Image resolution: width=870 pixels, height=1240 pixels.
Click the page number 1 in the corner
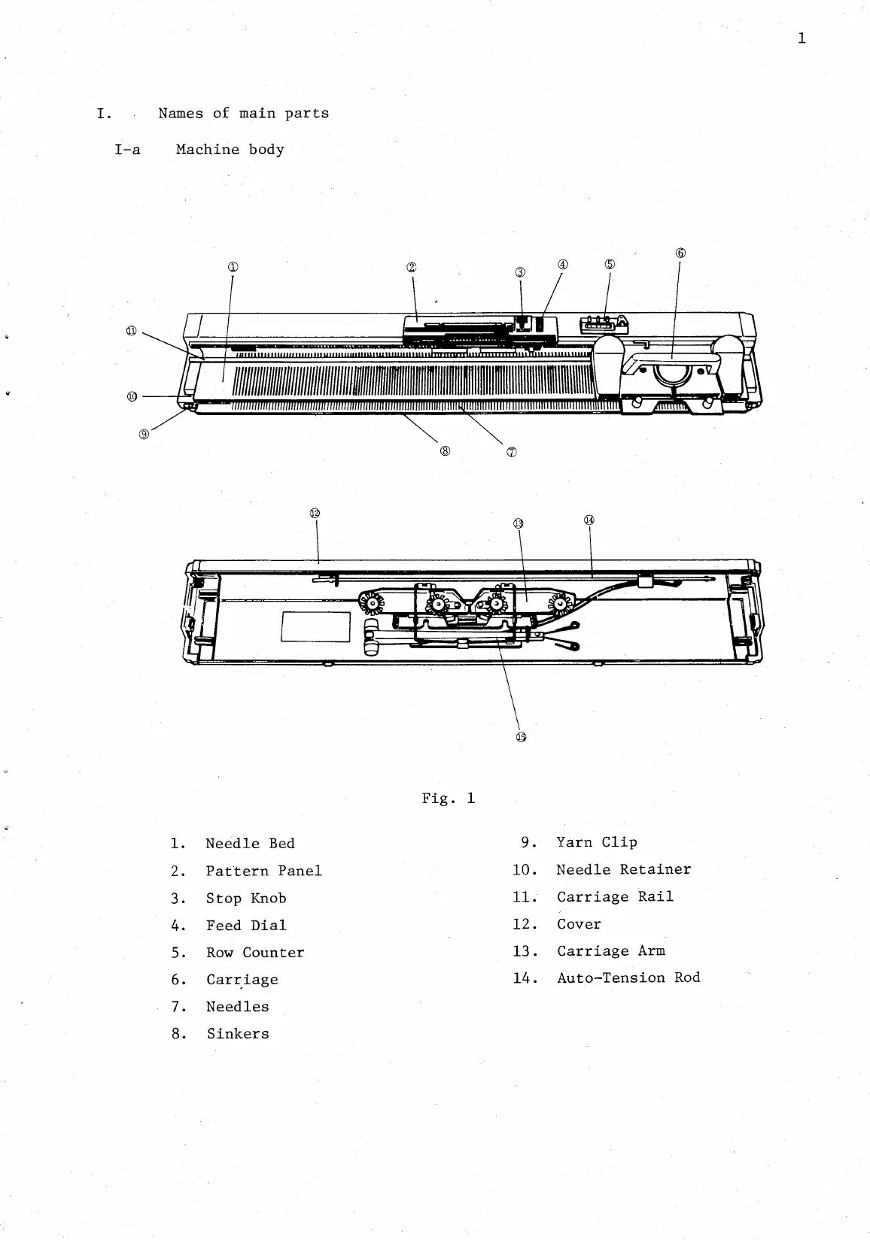(802, 38)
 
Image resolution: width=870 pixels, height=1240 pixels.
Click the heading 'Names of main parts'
(243, 114)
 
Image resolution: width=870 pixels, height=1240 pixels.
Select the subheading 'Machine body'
(230, 150)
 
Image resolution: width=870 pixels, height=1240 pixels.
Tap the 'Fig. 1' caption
(449, 798)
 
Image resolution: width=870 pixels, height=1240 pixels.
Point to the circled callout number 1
(233, 267)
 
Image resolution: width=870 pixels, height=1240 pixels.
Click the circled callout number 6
(680, 253)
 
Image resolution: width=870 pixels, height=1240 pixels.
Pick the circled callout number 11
(132, 331)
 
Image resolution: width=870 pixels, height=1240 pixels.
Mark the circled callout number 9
(144, 432)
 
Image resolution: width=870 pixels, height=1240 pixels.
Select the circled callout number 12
(315, 513)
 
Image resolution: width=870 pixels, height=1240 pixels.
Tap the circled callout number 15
(521, 737)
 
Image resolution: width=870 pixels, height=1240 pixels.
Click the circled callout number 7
(512, 452)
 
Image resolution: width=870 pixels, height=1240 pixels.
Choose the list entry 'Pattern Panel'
(263, 871)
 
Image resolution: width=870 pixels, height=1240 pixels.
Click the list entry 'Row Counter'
(255, 953)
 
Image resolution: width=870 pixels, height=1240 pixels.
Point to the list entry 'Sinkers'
(238, 1034)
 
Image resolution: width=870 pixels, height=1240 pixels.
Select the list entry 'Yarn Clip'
(597, 842)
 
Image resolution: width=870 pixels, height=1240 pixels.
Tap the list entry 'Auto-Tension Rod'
(628, 978)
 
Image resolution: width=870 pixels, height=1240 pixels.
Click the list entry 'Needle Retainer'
(623, 869)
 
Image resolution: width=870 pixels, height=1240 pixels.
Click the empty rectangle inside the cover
(315, 627)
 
